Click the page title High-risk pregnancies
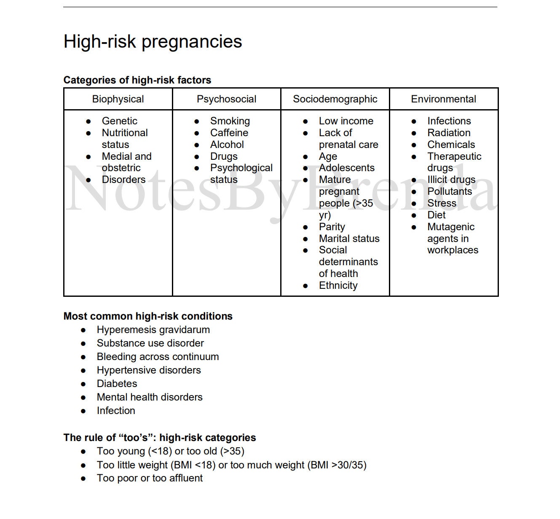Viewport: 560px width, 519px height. [x=153, y=42]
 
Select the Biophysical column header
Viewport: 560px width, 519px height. [x=118, y=99]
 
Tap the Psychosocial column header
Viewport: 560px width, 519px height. [x=226, y=99]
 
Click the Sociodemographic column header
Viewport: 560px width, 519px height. [x=335, y=99]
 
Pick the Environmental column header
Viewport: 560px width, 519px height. [x=443, y=99]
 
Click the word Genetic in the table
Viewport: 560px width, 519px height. [x=119, y=121]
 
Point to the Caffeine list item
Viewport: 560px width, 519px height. [x=229, y=133]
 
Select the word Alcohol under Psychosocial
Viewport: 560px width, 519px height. [x=227, y=145]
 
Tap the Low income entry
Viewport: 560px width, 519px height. [x=346, y=121]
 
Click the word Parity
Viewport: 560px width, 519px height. [x=332, y=227]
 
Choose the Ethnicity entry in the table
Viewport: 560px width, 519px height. [x=338, y=285]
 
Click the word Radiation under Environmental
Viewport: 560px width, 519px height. [x=448, y=133]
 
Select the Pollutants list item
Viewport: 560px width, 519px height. [x=449, y=191]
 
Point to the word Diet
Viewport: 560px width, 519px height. [x=436, y=215]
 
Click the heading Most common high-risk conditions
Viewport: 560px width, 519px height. [x=148, y=316]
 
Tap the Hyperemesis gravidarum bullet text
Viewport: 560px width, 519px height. [x=153, y=330]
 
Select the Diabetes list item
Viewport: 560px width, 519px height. [x=117, y=384]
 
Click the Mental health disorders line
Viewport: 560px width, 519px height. [x=150, y=397]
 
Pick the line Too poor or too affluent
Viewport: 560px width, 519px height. [x=150, y=478]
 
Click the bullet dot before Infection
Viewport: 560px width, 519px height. [x=83, y=411]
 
